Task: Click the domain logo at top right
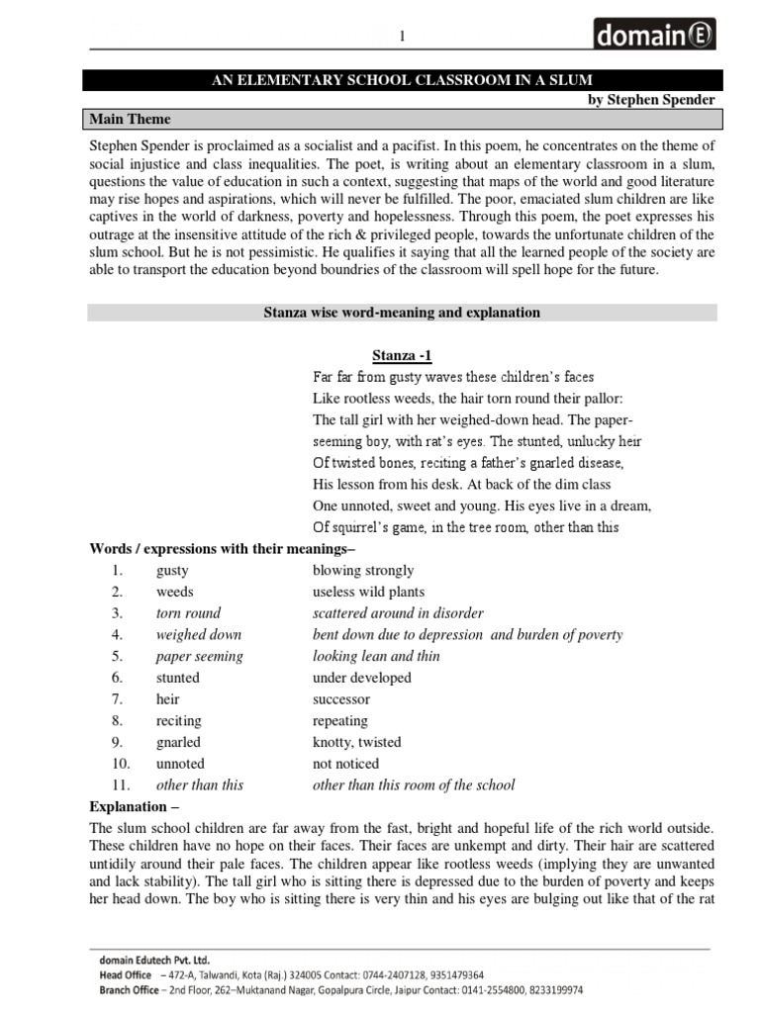pos(654,36)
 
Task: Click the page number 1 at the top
pos(402,37)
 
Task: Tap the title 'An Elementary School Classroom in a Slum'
pos(402,79)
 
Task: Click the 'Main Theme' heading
pos(131,120)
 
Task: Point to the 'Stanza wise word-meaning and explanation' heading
pos(402,313)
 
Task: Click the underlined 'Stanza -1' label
pos(402,355)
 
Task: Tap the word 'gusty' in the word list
pos(172,571)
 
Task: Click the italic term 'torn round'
pos(188,613)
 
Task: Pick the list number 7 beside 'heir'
pos(117,699)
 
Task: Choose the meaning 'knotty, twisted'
pos(356,742)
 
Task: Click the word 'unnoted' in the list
pos(180,764)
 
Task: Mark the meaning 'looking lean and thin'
pos(376,656)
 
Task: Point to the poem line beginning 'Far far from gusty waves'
pos(453,377)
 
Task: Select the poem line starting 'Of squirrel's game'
pos(465,527)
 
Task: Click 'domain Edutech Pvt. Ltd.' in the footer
pos(153,959)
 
